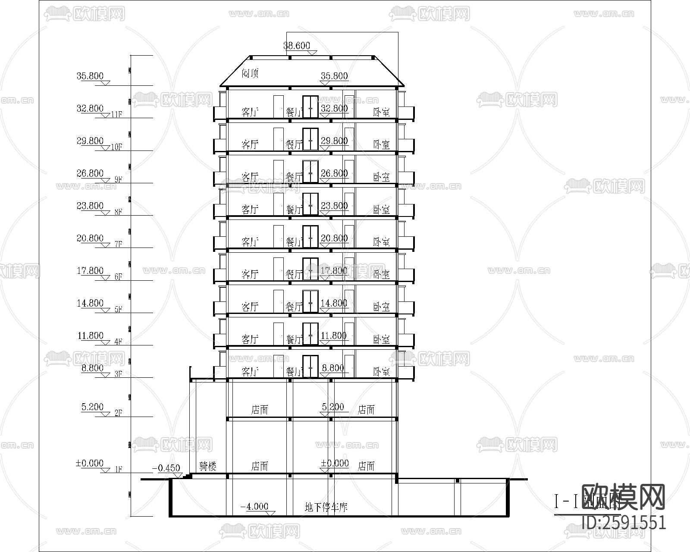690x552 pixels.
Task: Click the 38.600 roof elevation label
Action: tap(297, 45)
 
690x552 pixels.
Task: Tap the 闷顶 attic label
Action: tap(250, 73)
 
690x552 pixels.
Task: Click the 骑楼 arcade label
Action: tap(208, 466)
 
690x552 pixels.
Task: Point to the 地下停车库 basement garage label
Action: tap(326, 507)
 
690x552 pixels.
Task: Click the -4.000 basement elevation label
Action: tap(254, 506)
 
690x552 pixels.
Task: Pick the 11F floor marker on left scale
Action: tap(117, 115)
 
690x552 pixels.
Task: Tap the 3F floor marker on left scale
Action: tap(118, 374)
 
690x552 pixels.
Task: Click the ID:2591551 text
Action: tap(624, 523)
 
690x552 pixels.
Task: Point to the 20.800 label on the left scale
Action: tap(90, 238)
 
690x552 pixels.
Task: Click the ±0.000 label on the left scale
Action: tap(90, 464)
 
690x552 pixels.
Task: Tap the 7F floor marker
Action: tap(118, 245)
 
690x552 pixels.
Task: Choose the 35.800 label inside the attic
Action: tap(334, 76)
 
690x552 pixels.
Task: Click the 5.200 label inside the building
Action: tap(333, 407)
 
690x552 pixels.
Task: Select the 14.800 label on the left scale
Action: tap(90, 303)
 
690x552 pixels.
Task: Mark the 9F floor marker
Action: tap(117, 179)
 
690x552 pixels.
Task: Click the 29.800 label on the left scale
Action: tap(90, 141)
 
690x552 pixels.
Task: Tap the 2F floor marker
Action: tap(118, 413)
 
